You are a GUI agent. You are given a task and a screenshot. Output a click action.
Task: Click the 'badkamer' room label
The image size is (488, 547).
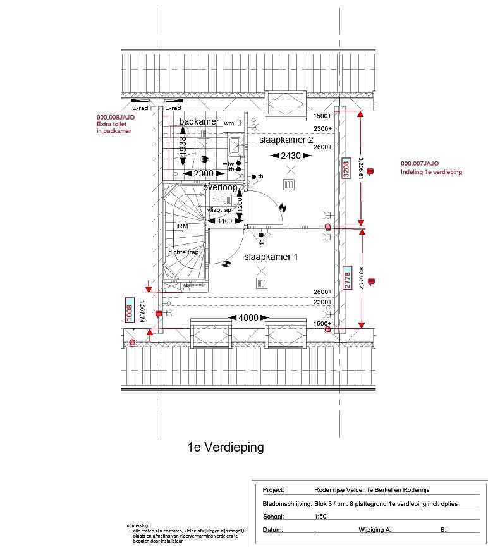coord(199,121)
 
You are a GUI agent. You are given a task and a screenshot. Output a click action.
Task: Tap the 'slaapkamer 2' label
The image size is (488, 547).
coord(286,140)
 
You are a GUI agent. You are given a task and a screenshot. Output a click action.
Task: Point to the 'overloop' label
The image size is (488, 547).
coord(220,188)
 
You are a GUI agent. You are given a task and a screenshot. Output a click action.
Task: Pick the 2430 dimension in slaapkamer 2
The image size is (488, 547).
coord(290,156)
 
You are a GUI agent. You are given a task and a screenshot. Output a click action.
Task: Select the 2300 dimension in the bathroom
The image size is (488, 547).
coord(203,173)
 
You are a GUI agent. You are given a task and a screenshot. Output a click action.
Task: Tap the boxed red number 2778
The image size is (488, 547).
coord(346,278)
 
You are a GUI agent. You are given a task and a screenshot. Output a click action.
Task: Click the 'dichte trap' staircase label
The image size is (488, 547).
coord(183,252)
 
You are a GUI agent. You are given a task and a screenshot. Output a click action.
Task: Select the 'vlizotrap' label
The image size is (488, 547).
coord(218,209)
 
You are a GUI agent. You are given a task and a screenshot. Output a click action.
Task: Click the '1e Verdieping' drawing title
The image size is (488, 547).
coord(226,448)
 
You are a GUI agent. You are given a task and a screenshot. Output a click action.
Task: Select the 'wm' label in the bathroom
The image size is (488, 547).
coord(228,122)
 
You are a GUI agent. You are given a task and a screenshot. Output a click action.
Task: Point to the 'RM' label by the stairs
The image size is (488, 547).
coord(183,226)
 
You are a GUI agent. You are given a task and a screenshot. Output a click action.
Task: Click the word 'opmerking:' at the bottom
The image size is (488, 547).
coord(138,526)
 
